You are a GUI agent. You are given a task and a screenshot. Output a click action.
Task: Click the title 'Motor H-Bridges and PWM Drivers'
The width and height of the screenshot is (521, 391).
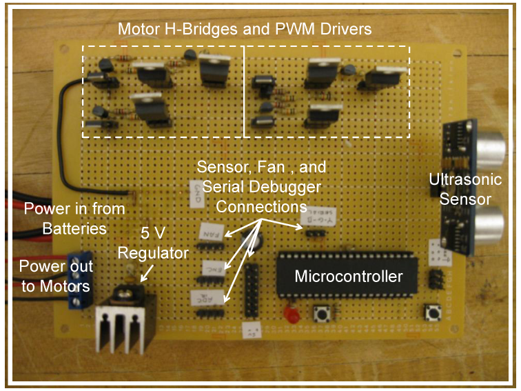(245, 30)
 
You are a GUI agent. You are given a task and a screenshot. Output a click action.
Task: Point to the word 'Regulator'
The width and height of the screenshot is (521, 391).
(153, 254)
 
